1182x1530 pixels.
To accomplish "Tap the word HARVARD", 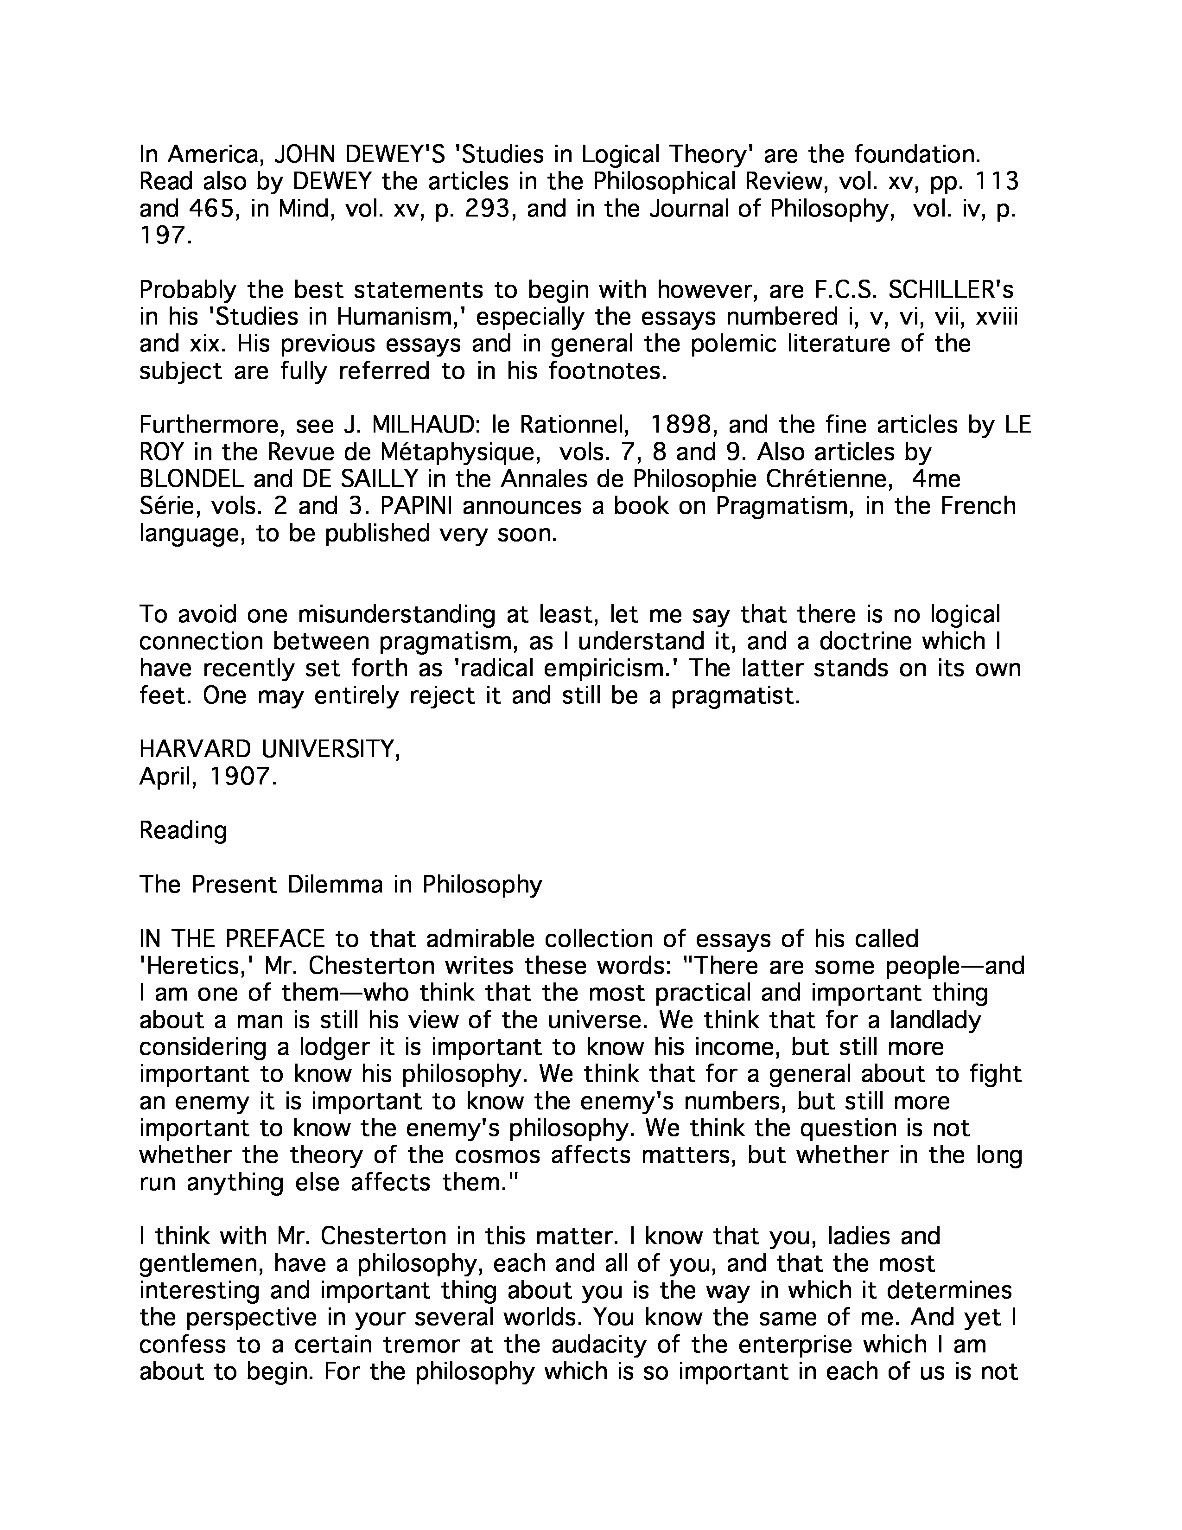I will pos(195,750).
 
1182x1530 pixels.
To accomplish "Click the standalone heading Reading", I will pos(184,831).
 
